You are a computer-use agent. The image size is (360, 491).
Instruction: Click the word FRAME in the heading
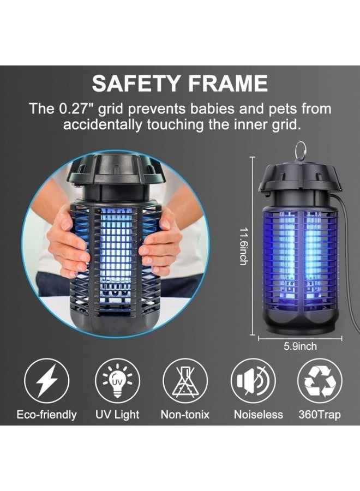(228, 83)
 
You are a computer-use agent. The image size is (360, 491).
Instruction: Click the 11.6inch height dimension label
(244, 246)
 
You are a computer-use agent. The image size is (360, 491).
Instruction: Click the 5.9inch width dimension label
(300, 346)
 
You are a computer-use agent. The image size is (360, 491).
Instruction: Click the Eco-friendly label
(47, 415)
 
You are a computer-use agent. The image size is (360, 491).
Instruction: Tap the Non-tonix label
(185, 415)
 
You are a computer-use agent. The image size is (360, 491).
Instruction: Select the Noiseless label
(258, 415)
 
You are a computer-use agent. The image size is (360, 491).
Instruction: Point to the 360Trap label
(320, 415)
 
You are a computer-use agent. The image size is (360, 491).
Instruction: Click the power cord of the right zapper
(347, 257)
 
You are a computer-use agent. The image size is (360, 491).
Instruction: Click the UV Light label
(117, 415)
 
